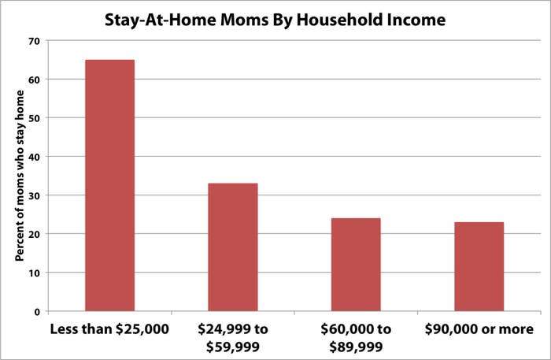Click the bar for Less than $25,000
[109, 185]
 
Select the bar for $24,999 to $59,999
[233, 247]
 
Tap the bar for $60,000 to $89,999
[356, 265]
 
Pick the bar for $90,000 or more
[479, 266]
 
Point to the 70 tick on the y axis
[35, 41]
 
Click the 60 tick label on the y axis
[35, 80]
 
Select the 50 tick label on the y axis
[35, 118]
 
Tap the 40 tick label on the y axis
[35, 157]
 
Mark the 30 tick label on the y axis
[35, 195]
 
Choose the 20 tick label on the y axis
[35, 234]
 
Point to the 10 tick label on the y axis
[35, 273]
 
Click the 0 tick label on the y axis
[38, 312]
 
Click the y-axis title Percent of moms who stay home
[20, 176]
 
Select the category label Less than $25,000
[109, 329]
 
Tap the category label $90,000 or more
[479, 329]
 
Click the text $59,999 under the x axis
[233, 347]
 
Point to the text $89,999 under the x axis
[356, 347]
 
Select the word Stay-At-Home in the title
[160, 20]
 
